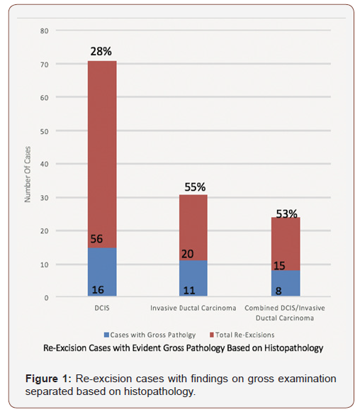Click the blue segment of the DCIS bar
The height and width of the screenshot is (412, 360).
(102, 273)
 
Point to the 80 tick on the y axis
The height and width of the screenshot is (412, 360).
(44, 31)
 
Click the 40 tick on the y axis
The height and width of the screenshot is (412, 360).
(44, 165)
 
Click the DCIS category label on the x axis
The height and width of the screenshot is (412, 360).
(102, 308)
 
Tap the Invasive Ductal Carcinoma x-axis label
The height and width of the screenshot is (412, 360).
(192, 308)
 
